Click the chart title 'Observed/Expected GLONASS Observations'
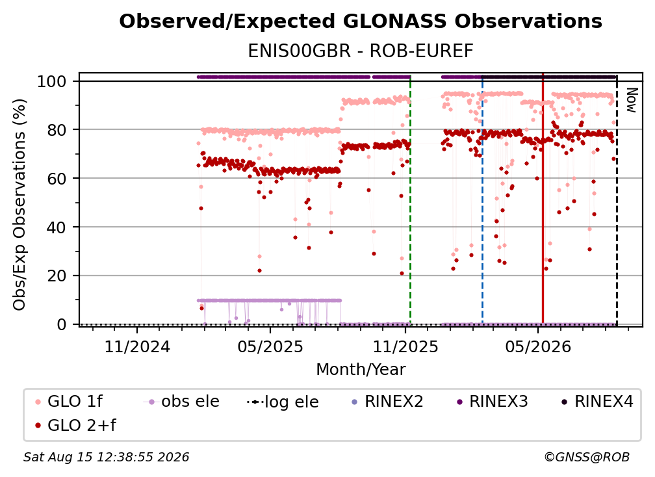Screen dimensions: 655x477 click(x=361, y=21)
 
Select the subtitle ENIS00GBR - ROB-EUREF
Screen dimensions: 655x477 click(x=361, y=51)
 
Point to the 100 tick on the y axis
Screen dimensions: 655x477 click(x=52, y=81)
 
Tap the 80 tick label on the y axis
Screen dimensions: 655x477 click(x=57, y=130)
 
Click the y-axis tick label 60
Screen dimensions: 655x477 click(x=57, y=178)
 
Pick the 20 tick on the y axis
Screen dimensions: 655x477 click(x=57, y=276)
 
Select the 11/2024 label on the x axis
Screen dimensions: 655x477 click(x=137, y=346)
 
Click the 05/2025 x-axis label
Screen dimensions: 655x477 click(x=270, y=346)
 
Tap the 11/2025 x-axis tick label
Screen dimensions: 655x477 click(x=405, y=346)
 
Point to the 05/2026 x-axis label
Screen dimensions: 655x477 click(x=538, y=346)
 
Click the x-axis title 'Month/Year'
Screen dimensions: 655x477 click(x=361, y=370)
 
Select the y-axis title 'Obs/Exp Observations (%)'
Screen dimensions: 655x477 click(x=19, y=204)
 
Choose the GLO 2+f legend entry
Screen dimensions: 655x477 click(x=75, y=426)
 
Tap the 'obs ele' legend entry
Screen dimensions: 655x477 click(x=181, y=402)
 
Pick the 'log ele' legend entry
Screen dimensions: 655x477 click(x=283, y=402)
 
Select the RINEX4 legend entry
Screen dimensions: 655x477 click(x=597, y=402)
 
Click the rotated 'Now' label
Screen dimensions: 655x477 click(x=631, y=100)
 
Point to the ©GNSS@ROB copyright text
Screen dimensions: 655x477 click(x=587, y=458)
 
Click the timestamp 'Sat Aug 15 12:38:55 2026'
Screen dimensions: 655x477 click(x=106, y=458)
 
